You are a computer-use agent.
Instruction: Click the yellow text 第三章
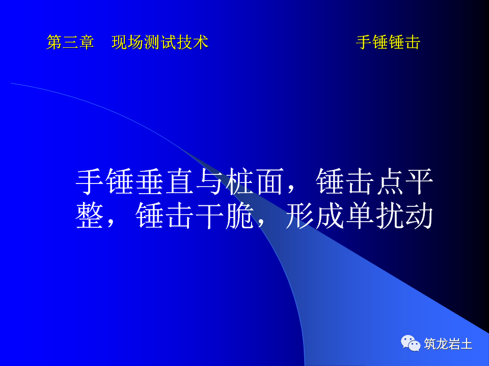coord(70,43)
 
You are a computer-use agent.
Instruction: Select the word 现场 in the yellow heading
coord(127,43)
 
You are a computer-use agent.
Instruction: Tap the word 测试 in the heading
coord(160,43)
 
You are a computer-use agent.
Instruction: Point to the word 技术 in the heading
coord(193,43)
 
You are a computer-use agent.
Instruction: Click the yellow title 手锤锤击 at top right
coord(388,43)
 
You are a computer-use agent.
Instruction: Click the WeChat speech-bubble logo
coord(411,343)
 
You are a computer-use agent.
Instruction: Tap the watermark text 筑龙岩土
coord(448,344)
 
